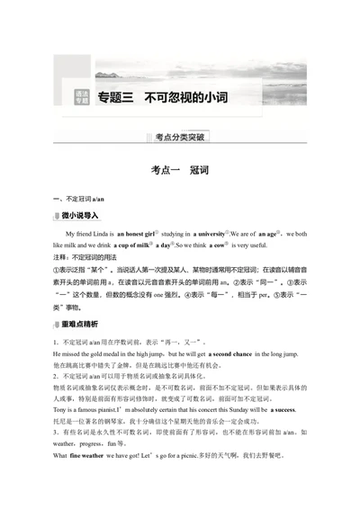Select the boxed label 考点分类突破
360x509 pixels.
180,138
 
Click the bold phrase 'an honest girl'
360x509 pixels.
139,233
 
